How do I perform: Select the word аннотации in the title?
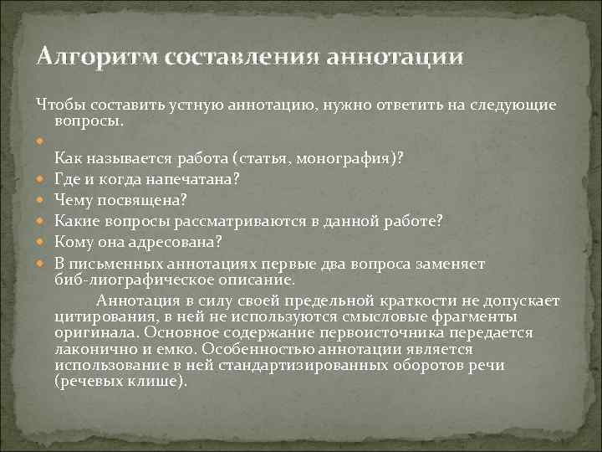392,57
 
